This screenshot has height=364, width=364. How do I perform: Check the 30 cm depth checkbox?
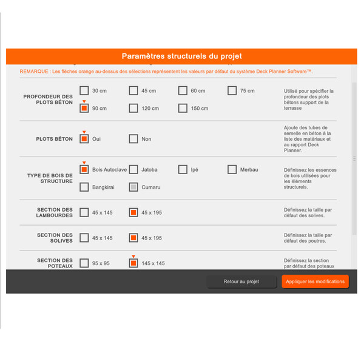coord(84,91)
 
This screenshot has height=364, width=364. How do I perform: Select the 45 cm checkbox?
coord(133,91)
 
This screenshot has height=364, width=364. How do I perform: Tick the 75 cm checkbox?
coord(232,91)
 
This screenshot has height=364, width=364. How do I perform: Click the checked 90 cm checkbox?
coord(84,109)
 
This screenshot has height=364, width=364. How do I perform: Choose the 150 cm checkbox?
coord(183,109)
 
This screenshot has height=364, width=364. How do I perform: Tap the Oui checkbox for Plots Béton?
coord(84,139)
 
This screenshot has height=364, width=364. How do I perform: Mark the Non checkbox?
coord(133,139)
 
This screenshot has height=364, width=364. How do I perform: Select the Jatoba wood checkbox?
coord(133,170)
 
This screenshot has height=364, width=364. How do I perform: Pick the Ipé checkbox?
coord(183,170)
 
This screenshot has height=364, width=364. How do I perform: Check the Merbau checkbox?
coord(232,170)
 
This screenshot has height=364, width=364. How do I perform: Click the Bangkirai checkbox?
coord(84,187)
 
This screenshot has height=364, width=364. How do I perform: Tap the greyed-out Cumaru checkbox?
coord(133,187)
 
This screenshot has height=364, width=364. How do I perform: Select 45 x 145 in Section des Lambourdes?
coord(84,213)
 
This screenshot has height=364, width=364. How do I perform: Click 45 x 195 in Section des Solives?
coord(133,238)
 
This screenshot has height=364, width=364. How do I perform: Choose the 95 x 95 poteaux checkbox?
coord(84,263)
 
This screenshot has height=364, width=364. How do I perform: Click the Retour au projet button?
coord(241,281)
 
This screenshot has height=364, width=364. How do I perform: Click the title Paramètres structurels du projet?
coord(181,56)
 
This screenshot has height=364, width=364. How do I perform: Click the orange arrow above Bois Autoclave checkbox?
coord(84,162)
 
